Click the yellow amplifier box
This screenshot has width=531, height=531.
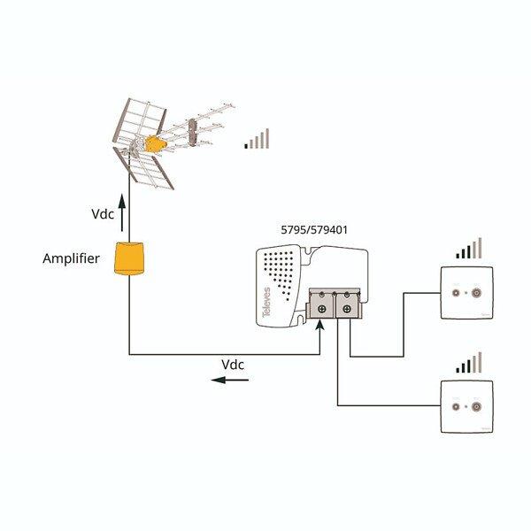[130, 258]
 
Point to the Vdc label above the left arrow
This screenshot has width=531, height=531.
[233, 365]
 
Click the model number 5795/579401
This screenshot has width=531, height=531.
[312, 230]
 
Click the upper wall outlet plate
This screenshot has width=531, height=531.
[466, 292]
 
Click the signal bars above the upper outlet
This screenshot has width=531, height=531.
[469, 248]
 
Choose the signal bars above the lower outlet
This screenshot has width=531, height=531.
[469, 363]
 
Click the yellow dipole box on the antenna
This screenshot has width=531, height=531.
[155, 143]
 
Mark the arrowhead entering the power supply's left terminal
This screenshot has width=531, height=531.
[320, 327]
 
